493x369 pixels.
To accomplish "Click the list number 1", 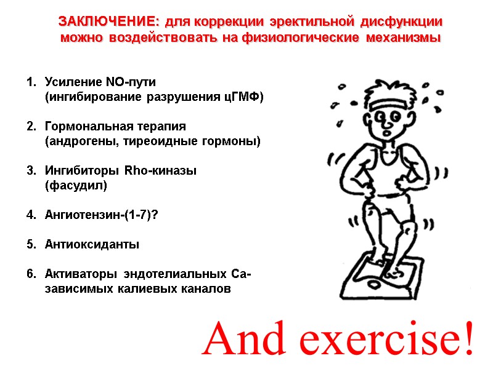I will pos(30,82).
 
